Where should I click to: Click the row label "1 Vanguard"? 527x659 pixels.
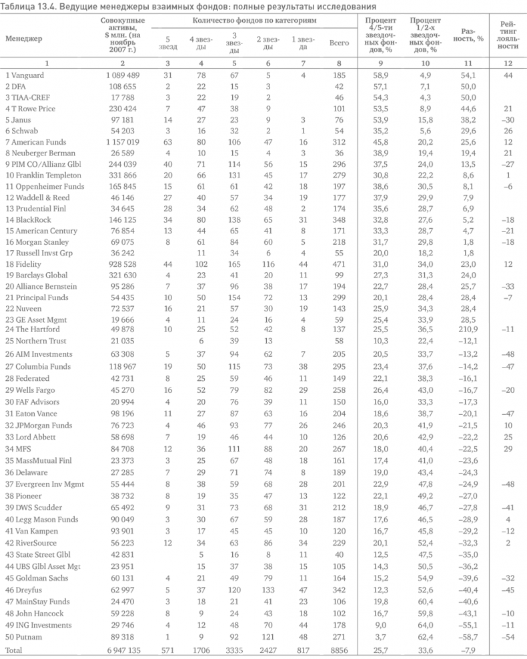(25, 75)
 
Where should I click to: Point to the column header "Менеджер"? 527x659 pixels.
(24, 38)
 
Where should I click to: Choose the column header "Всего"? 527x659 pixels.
(340, 43)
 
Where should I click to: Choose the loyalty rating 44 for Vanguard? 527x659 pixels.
(508, 75)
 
